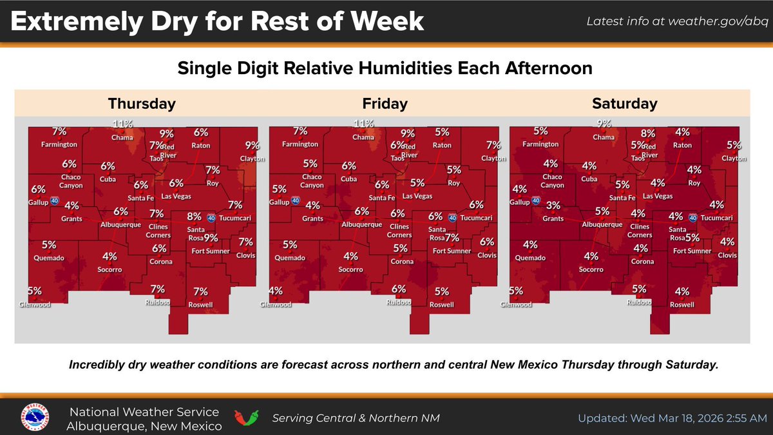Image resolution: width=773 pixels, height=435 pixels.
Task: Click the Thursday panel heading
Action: (142, 103)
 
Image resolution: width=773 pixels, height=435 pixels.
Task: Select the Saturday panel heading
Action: (624, 103)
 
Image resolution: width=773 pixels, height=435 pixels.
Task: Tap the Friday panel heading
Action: (385, 103)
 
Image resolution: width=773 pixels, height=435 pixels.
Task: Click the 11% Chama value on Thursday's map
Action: (122, 124)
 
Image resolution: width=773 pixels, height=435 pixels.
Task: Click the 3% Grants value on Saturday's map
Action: (553, 206)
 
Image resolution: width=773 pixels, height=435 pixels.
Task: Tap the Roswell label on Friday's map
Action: (442, 304)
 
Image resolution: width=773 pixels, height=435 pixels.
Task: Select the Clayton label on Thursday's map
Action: (253, 158)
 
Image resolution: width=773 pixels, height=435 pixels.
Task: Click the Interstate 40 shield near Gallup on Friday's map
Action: (295, 200)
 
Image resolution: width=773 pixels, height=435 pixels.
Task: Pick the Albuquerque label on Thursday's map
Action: (120, 224)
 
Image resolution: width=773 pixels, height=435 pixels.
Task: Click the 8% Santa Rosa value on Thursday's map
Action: (195, 217)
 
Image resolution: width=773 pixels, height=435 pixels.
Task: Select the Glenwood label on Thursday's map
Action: (35, 305)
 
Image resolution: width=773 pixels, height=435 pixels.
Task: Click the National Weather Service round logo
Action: (35, 418)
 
